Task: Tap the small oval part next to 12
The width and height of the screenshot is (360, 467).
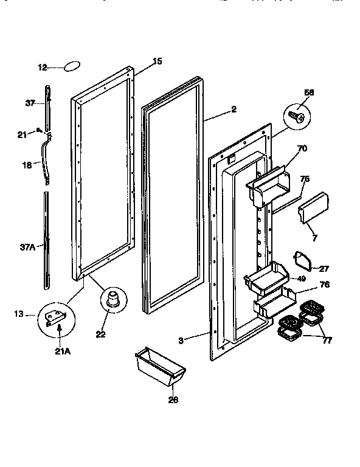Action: pos(73,66)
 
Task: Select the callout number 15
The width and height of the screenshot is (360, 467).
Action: pos(157,61)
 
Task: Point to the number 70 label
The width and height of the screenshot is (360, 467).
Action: pos(302,148)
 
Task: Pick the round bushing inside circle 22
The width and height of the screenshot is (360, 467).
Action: pos(111,300)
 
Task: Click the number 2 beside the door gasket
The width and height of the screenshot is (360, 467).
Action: pos(234,110)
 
